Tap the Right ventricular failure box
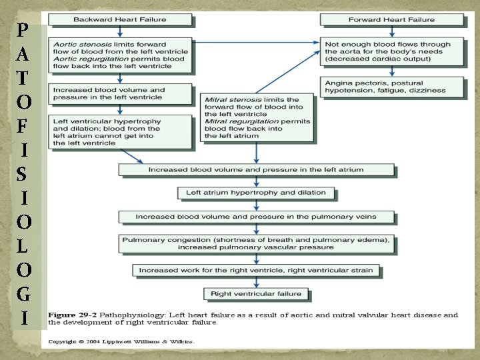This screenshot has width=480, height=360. [256, 293]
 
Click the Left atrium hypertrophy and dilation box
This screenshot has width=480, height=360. [255, 193]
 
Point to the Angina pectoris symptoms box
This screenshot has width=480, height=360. [393, 85]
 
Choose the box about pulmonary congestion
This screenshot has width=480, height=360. [256, 243]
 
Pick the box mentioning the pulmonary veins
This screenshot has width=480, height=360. [256, 217]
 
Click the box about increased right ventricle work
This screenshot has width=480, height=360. [256, 270]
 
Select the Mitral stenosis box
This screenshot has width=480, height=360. [257, 117]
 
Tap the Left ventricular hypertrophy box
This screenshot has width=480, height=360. [119, 131]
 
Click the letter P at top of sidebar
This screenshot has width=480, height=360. [23, 30]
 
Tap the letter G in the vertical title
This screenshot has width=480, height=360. [23, 293]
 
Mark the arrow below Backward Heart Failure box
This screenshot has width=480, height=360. [119, 31]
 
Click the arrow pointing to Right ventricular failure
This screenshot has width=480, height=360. [256, 282]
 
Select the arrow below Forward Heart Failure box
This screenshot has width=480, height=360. [391, 31]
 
